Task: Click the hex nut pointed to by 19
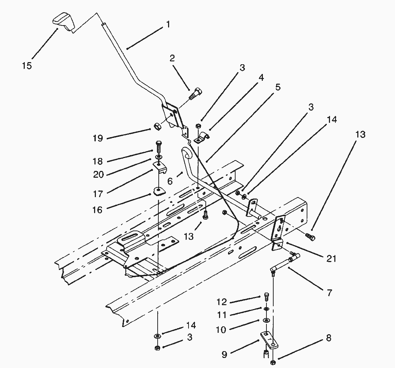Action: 157,126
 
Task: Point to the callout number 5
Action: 278,87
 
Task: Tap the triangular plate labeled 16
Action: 157,191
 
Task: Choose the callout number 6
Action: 170,181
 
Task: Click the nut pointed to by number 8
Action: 273,363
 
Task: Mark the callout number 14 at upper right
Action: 332,120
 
